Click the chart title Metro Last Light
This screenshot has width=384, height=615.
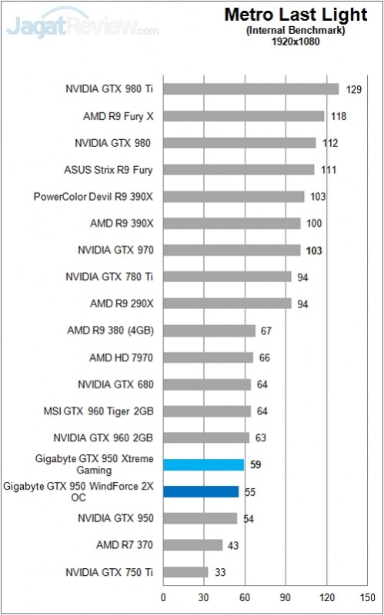pos(283,15)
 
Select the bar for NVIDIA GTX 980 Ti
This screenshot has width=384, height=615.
pos(251,89)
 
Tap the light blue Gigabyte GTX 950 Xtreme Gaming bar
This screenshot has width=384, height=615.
pos(203,464)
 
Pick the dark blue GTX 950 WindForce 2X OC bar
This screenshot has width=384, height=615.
pos(201,491)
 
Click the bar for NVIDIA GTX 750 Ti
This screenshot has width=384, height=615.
pos(185,572)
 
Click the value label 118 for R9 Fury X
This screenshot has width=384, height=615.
pos(337,116)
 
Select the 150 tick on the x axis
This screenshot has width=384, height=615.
pos(367,596)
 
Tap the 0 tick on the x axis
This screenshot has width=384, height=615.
pos(163,596)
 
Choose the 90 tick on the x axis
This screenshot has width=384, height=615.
pos(285,596)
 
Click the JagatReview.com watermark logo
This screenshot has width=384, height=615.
pos(82,28)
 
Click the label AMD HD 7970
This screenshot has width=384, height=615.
pos(121,357)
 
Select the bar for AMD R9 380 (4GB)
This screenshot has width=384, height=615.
pos(209,331)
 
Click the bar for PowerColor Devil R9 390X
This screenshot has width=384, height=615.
pos(233,197)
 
